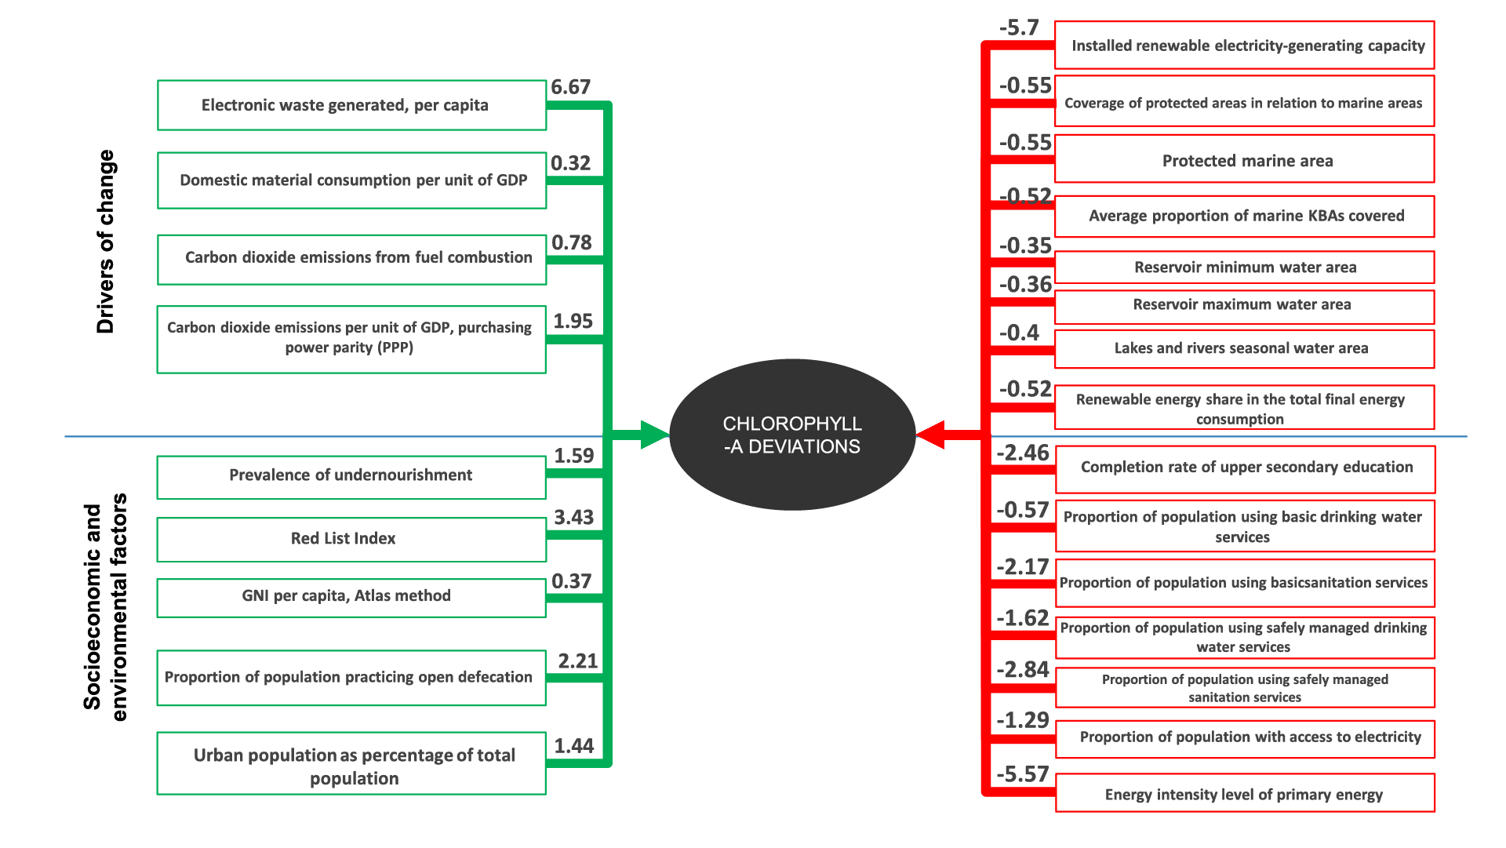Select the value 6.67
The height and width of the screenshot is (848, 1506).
tap(570, 87)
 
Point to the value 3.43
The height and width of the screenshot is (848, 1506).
tap(573, 518)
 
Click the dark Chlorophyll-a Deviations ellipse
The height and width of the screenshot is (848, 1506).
tap(792, 435)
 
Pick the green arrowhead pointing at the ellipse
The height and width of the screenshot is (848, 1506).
tap(654, 435)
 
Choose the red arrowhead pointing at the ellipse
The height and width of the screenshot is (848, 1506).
tap(931, 435)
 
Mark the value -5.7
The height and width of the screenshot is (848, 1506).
tap(1019, 28)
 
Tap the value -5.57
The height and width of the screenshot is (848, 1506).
tap(1022, 775)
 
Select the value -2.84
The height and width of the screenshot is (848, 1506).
tap(1022, 670)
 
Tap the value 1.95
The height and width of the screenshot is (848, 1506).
tap(573, 322)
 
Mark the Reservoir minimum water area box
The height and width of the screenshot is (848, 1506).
tap(1244, 268)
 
